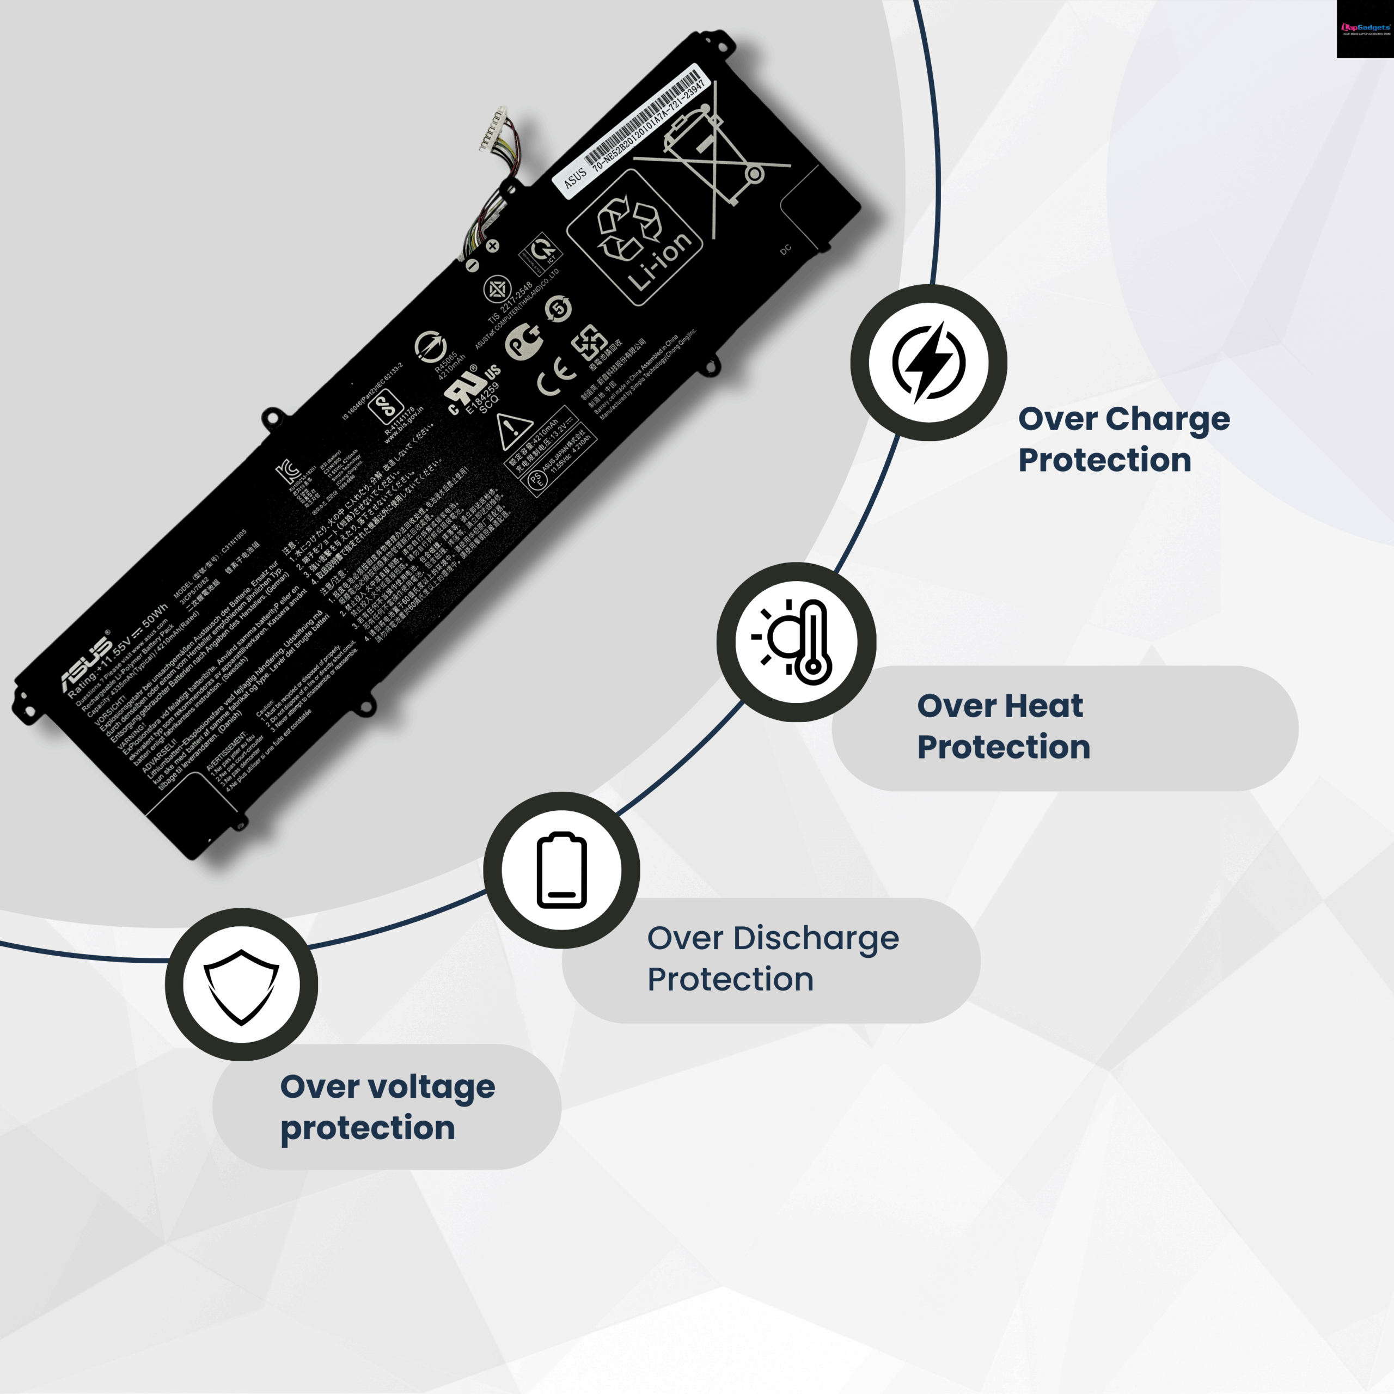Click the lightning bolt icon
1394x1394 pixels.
point(928,362)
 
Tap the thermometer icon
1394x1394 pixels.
point(797,641)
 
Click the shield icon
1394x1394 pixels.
point(241,986)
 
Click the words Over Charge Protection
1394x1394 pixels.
point(1123,439)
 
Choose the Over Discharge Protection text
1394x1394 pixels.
point(772,958)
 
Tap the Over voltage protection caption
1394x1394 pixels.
point(388,1107)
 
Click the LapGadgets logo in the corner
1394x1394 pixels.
point(1365,29)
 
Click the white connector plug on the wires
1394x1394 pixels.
point(493,129)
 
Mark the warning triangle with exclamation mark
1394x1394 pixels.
point(513,430)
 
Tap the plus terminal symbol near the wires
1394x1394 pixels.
point(493,246)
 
